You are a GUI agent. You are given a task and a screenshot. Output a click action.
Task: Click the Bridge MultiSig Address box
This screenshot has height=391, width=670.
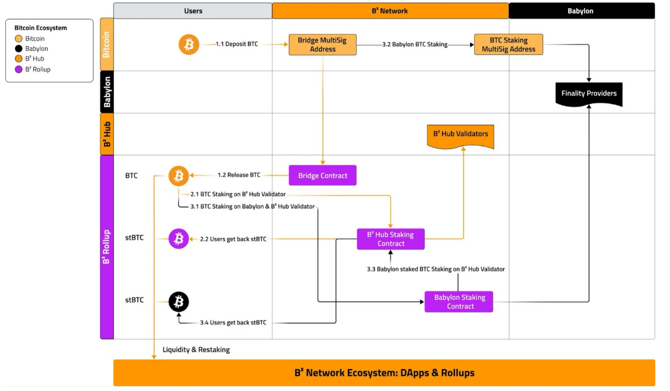(322, 45)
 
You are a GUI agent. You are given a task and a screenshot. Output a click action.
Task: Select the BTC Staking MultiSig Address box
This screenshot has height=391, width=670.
(508, 45)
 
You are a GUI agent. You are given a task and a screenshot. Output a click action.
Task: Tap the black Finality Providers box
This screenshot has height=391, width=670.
(589, 93)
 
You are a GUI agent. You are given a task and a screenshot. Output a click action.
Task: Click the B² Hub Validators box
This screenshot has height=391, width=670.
(460, 134)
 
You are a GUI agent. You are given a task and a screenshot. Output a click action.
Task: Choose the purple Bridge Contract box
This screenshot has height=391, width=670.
(322, 176)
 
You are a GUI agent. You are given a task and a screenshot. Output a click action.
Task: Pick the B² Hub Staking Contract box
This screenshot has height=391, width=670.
(391, 239)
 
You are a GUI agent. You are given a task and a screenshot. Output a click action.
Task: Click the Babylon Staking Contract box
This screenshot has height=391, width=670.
(459, 302)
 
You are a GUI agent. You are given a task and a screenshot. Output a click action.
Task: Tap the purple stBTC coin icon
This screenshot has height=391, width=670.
(178, 239)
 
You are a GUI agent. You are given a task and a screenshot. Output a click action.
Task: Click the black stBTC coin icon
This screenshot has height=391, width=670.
(178, 302)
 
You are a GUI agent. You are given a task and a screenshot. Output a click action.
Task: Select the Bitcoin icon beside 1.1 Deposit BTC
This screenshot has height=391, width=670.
(189, 44)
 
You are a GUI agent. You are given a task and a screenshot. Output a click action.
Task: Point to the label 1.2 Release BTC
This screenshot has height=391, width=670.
(239, 175)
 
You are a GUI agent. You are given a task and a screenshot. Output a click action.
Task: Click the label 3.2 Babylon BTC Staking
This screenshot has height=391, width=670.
(414, 44)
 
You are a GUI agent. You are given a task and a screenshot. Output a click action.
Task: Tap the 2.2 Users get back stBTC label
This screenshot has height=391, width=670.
(233, 239)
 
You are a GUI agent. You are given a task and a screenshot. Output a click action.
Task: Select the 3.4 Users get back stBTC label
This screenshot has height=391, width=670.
(233, 323)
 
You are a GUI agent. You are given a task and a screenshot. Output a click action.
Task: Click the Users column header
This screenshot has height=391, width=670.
(193, 11)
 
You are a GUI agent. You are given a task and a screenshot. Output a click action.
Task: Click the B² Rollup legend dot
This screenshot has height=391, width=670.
(19, 69)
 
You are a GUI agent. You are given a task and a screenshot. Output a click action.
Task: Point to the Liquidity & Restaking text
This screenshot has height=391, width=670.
(196, 350)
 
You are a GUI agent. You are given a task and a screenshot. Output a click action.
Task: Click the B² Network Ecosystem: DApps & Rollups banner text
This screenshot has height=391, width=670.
(384, 373)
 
